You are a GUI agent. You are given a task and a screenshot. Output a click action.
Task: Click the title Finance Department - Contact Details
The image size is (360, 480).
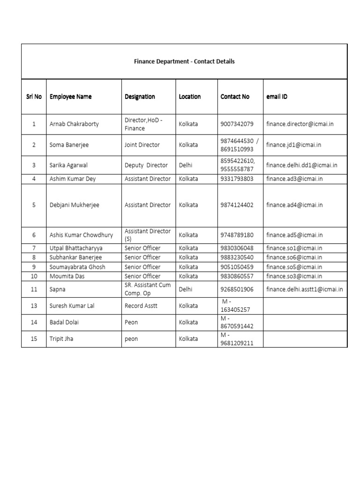point(184,61)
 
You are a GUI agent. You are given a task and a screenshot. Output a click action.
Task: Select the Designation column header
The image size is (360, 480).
point(140,97)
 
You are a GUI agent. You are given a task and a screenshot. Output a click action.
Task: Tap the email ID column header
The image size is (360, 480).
point(277,97)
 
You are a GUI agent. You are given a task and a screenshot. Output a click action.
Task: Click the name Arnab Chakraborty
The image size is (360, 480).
point(74,124)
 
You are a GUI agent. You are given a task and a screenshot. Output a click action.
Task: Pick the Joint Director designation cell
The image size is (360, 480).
point(142,145)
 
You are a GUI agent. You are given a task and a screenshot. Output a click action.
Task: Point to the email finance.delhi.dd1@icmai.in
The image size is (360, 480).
point(301,165)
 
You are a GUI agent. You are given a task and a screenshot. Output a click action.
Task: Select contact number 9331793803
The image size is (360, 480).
point(237,179)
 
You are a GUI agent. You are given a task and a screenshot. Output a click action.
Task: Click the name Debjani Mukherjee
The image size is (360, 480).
point(74,205)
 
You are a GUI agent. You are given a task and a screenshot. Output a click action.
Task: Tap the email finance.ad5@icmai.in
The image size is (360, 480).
point(294,235)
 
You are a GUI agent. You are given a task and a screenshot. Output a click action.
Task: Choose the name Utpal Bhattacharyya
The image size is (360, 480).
point(76,248)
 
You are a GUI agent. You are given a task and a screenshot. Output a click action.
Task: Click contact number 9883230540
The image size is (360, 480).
point(237,257)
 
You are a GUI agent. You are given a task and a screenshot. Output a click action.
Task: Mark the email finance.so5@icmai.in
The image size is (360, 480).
point(294,267)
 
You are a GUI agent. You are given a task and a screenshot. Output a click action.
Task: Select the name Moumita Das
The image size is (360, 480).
point(67,276)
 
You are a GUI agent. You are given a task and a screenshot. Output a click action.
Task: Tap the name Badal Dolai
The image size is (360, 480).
point(65,322)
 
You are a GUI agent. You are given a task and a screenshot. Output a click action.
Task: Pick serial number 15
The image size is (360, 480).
point(34,338)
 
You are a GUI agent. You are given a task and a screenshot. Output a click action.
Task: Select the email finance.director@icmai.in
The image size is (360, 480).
point(300,124)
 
